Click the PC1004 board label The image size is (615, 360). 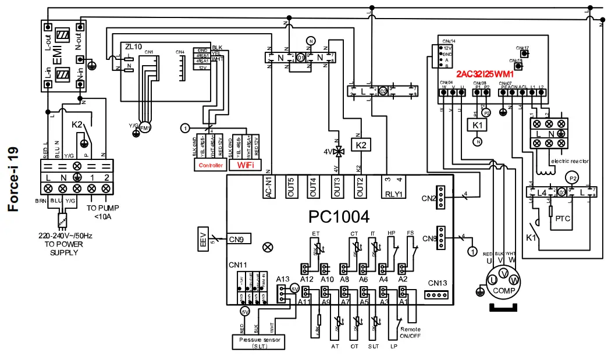click(339, 217)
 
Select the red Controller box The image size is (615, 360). click(211, 165)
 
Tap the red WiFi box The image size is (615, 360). click(245, 165)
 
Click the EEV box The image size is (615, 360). click(203, 239)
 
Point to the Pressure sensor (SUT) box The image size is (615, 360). click(258, 341)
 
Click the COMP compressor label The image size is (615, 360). click(504, 290)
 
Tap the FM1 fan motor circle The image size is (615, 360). click(144, 127)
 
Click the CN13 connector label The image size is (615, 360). click(438, 283)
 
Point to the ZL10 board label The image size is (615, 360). click(133, 46)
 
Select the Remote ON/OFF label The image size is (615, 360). click(411, 333)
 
